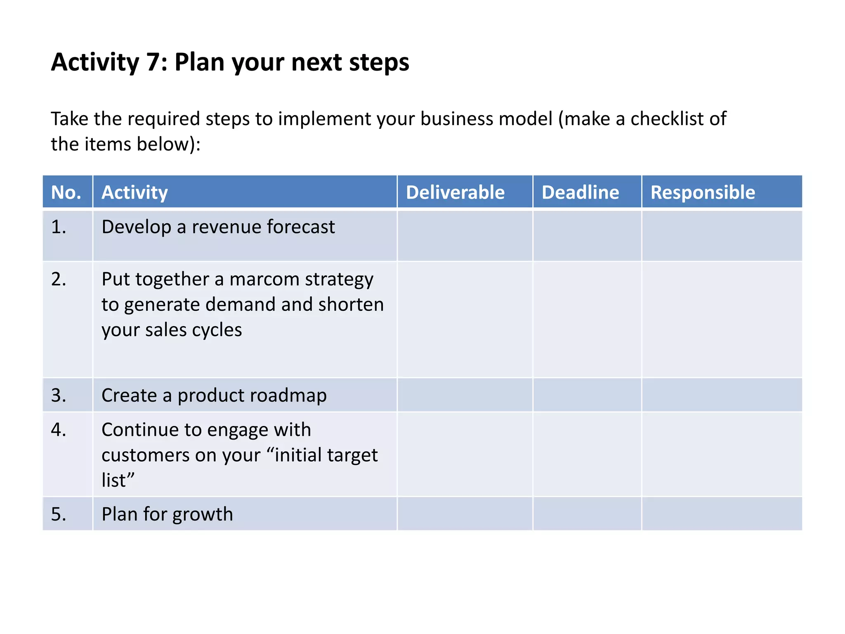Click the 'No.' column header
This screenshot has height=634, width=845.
coord(66,192)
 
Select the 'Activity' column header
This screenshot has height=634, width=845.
coord(135,192)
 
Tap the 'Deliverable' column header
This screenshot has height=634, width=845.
coord(455,192)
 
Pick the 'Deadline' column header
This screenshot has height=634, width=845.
coord(580,192)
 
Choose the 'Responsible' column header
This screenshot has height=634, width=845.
coord(703,192)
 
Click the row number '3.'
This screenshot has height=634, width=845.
coord(59,395)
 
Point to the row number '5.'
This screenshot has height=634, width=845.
coord(59,514)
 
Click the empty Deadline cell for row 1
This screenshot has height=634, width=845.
coord(587,236)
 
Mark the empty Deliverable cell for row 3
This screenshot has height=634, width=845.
coord(465,395)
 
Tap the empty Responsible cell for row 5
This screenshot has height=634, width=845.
coord(722,513)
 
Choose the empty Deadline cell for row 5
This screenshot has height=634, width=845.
coord(587,513)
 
